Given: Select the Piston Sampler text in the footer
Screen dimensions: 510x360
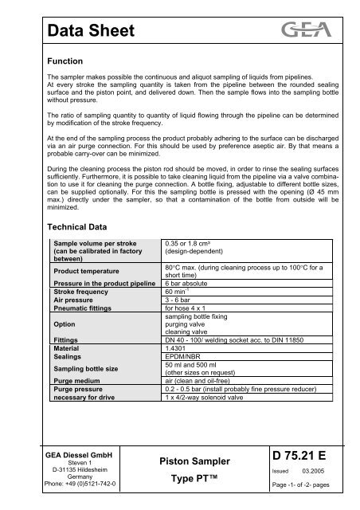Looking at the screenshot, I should (x=195, y=461).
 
